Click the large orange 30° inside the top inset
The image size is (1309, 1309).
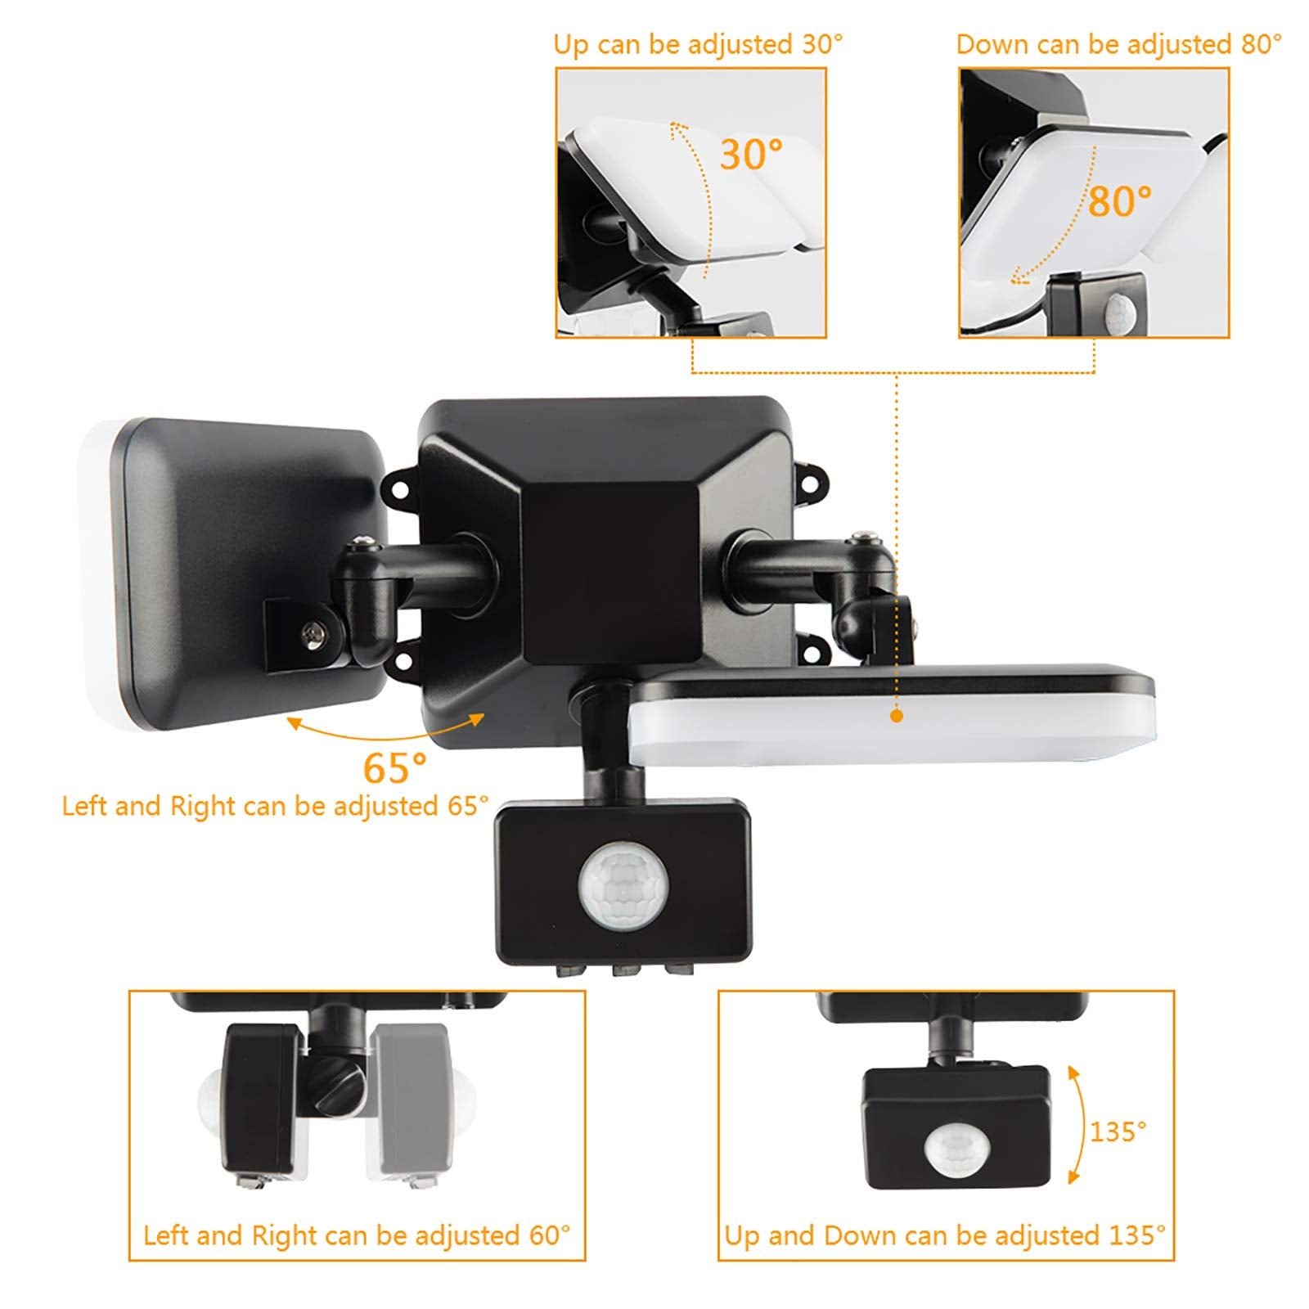point(751,154)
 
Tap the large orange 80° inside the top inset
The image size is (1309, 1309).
point(1119,201)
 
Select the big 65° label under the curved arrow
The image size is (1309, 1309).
point(395,767)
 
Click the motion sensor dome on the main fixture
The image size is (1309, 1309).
point(623,887)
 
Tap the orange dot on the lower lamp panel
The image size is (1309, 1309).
point(897,716)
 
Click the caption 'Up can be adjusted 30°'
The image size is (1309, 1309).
point(698,44)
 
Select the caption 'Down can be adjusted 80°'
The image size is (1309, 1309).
point(1118,44)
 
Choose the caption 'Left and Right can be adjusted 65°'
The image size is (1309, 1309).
point(276,806)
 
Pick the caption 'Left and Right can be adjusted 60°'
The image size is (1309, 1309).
point(357,1235)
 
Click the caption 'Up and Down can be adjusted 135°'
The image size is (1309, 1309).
point(945,1235)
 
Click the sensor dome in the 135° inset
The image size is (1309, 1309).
point(956,1147)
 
